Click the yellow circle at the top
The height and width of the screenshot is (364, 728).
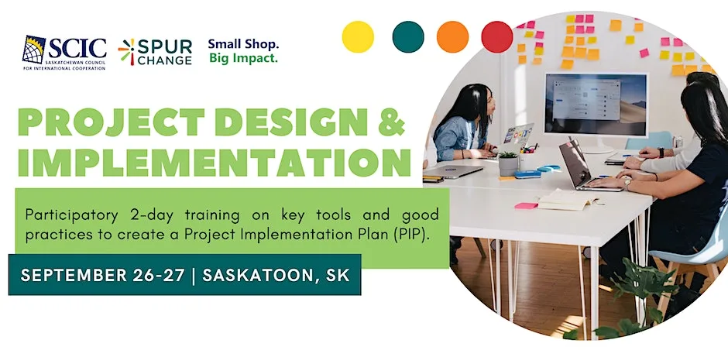[358, 37]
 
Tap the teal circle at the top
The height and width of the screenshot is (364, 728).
[408, 37]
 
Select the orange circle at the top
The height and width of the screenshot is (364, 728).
[453, 37]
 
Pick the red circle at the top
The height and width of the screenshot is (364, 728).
[496, 37]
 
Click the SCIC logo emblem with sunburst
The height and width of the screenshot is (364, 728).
[34, 50]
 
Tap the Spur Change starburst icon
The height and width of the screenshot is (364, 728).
[127, 52]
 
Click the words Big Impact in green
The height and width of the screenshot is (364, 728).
[243, 59]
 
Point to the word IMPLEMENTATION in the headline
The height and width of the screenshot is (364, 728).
[215, 163]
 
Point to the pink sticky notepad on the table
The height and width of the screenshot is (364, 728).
[526, 205]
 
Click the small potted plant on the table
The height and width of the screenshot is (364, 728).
[508, 163]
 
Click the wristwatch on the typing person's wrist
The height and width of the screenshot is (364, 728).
[627, 184]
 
